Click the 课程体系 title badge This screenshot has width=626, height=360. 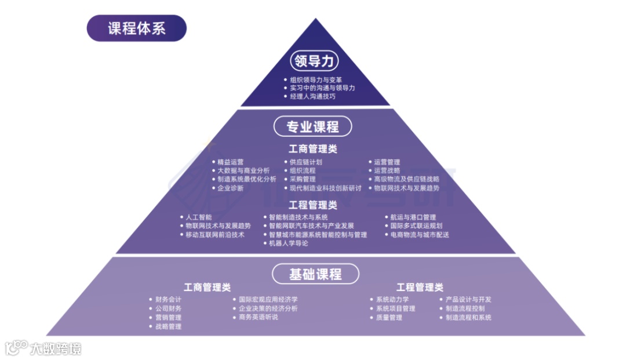(x=137, y=28)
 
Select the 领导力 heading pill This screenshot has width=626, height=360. (x=314, y=61)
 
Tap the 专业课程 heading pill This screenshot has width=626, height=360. (x=313, y=126)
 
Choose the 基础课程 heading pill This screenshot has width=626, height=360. (x=315, y=274)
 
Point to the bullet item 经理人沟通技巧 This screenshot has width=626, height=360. (x=312, y=96)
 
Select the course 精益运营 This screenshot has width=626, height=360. (x=231, y=162)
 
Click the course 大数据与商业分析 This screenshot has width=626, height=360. (x=243, y=171)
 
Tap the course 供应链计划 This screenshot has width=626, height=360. (x=306, y=162)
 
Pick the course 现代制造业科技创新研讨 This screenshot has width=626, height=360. (x=325, y=188)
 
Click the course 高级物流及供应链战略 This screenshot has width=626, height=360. (x=406, y=180)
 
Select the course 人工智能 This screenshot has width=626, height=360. (x=198, y=217)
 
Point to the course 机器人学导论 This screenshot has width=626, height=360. (x=289, y=243)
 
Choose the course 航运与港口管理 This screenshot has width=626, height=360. (x=413, y=217)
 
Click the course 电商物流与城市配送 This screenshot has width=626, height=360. (x=420, y=235)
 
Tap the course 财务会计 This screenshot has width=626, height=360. (x=168, y=300)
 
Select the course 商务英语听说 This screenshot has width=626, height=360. (x=259, y=317)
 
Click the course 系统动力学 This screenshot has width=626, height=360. (x=392, y=300)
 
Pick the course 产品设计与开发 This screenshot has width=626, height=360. (x=468, y=300)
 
